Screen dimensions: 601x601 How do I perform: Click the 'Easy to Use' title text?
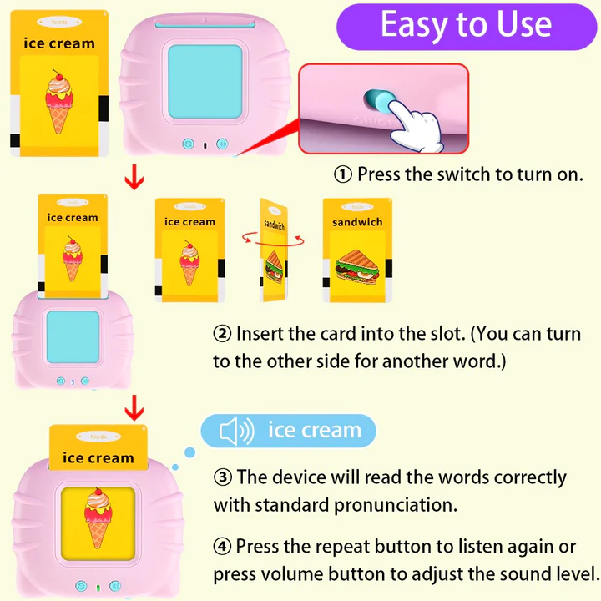tap(466, 25)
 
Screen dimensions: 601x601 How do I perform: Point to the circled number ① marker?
tap(343, 175)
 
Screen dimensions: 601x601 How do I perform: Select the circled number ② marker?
tap(222, 334)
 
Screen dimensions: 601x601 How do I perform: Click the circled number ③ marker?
tap(222, 478)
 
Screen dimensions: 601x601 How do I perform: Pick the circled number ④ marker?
tap(222, 547)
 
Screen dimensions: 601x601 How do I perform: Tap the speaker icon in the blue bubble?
tap(235, 431)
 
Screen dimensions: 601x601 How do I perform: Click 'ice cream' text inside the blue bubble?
tap(314, 431)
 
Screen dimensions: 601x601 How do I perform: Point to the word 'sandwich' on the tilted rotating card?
tap(274, 225)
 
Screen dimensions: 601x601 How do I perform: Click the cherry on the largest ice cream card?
tap(58, 78)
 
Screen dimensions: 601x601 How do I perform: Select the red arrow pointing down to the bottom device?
tap(132, 410)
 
